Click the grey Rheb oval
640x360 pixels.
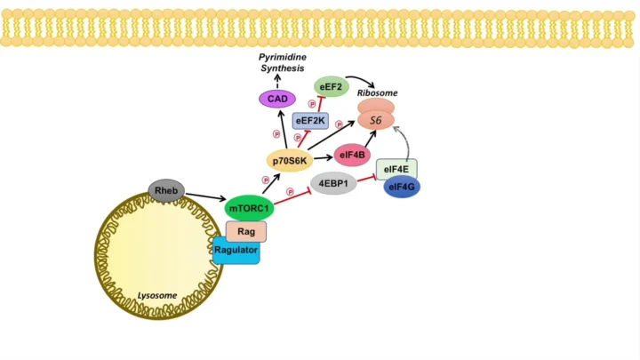[x=166, y=188]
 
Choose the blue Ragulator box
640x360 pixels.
[x=236, y=251]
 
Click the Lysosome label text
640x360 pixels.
[x=156, y=295]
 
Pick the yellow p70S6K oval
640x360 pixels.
[x=290, y=160]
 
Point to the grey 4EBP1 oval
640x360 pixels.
[x=332, y=184]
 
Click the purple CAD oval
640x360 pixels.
[x=277, y=99]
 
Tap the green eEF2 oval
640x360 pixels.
[x=330, y=87]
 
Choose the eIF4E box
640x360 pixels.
[x=396, y=166]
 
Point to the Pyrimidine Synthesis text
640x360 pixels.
[x=282, y=62]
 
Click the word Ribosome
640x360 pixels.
[x=377, y=92]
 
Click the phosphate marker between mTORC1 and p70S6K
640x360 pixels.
[x=265, y=180]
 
